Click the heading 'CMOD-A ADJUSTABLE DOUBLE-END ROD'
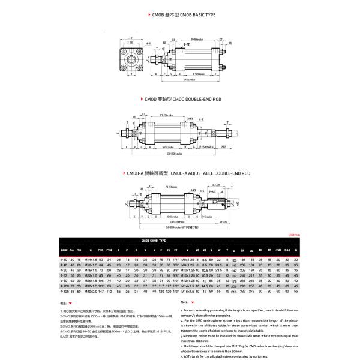(x=209, y=172)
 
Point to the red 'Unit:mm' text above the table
(x=294, y=235)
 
